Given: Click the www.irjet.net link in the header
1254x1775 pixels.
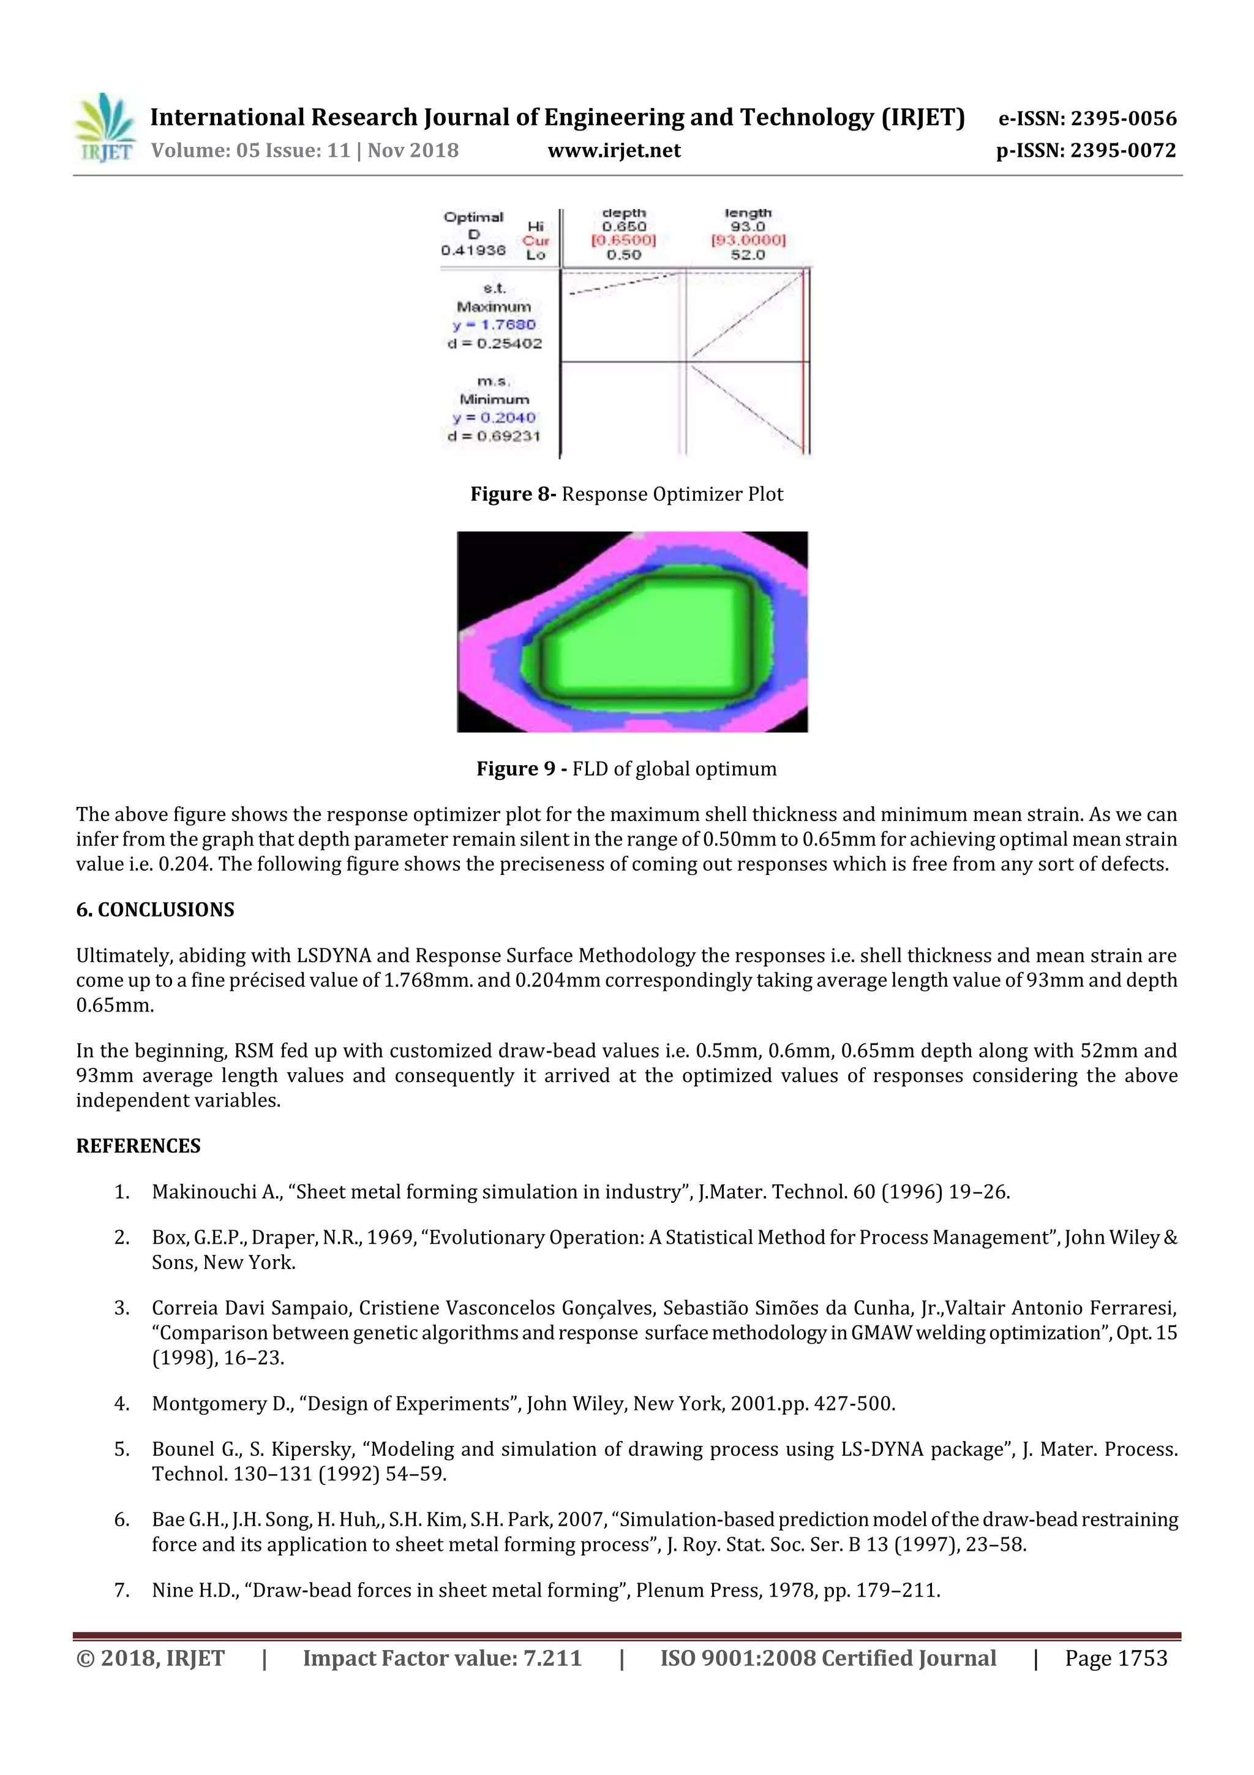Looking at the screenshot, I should pos(614,151).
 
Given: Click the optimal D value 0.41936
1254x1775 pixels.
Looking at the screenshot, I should pos(473,251).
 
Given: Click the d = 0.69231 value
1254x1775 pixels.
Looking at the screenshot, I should pos(494,436).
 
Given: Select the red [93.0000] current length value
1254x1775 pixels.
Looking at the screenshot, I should pos(747,240).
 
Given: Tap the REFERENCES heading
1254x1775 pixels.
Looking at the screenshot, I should pos(138,1146).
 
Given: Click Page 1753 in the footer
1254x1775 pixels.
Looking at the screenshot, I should pos(1116,1658).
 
